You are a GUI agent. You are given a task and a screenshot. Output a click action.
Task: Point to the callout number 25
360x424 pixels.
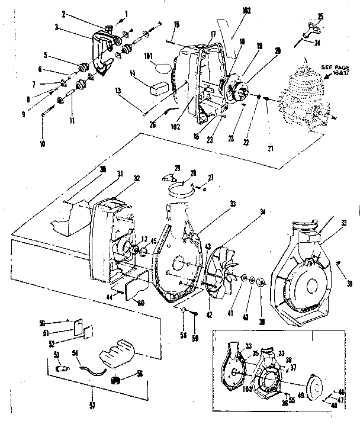coord(320,15)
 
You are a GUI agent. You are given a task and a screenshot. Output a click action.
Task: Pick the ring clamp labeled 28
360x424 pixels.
coord(182,189)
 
